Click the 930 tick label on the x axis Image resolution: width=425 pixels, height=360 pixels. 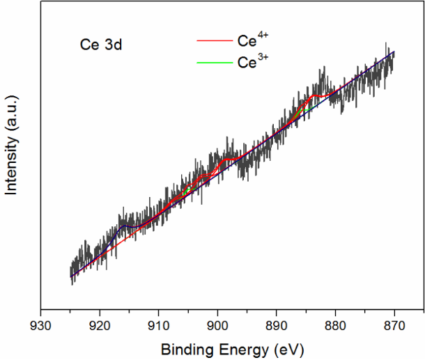(x=41, y=324)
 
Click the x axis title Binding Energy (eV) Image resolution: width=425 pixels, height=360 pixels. (x=232, y=347)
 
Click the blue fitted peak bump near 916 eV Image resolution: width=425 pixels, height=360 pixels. (x=125, y=227)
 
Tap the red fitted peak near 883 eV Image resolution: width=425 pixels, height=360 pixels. (x=317, y=95)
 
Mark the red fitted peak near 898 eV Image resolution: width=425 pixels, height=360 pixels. (x=227, y=160)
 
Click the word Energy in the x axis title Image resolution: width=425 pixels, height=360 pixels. (x=239, y=348)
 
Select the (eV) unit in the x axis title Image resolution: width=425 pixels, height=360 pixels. (x=288, y=347)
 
